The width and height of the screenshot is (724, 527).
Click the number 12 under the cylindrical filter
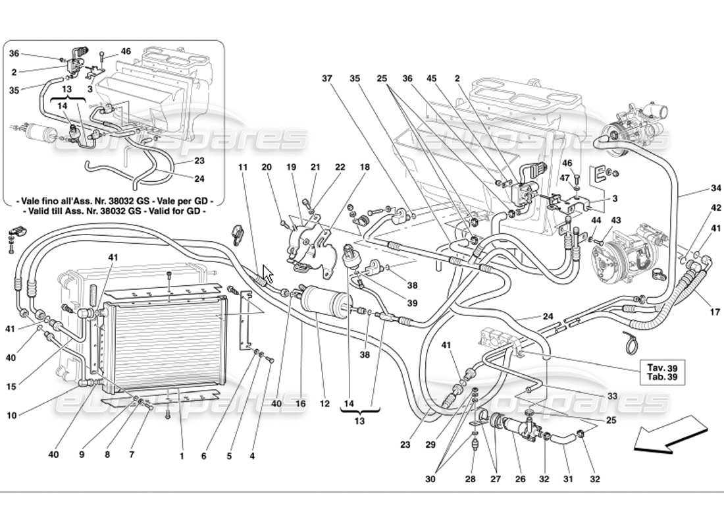[324, 402]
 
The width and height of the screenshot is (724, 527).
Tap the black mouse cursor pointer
[267, 273]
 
